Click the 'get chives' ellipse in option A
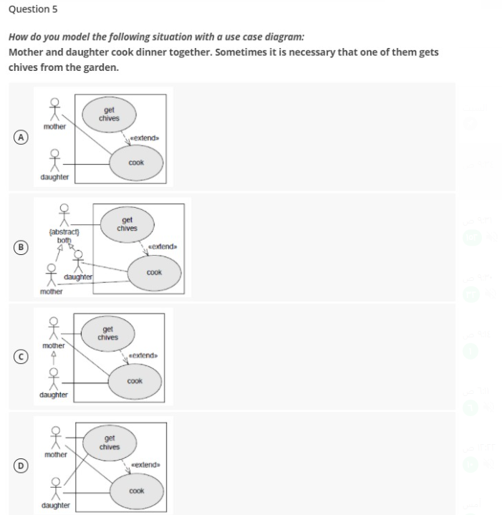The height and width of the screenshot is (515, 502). pyautogui.click(x=110, y=114)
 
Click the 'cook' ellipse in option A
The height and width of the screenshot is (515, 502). pyautogui.click(x=136, y=163)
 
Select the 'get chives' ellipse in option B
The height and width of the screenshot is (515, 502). pyautogui.click(x=127, y=224)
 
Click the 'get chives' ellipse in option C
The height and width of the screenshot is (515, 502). pyautogui.click(x=108, y=334)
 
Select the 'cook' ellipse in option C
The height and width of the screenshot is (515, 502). pyautogui.click(x=135, y=381)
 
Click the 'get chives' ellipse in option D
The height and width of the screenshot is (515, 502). pyautogui.click(x=110, y=443)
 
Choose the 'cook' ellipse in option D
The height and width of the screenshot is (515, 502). pyautogui.click(x=136, y=491)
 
